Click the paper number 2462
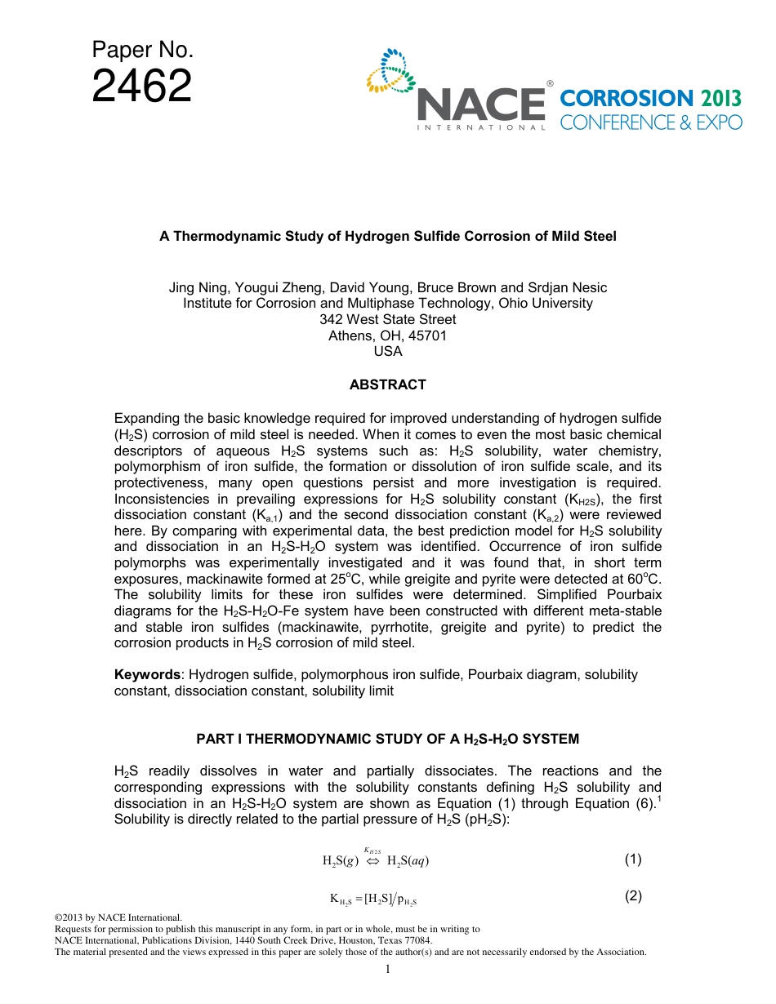coord(141,87)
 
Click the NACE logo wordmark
coord(481,106)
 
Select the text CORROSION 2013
coord(650,99)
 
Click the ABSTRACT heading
coord(387,384)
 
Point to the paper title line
coord(387,236)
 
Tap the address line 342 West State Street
coord(387,319)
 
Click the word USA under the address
coord(387,351)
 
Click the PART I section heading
coord(387,739)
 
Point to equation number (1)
coord(633,859)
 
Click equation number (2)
coord(633,895)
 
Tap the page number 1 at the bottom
coord(388,970)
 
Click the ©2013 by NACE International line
coord(117,918)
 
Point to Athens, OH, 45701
coord(387,335)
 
